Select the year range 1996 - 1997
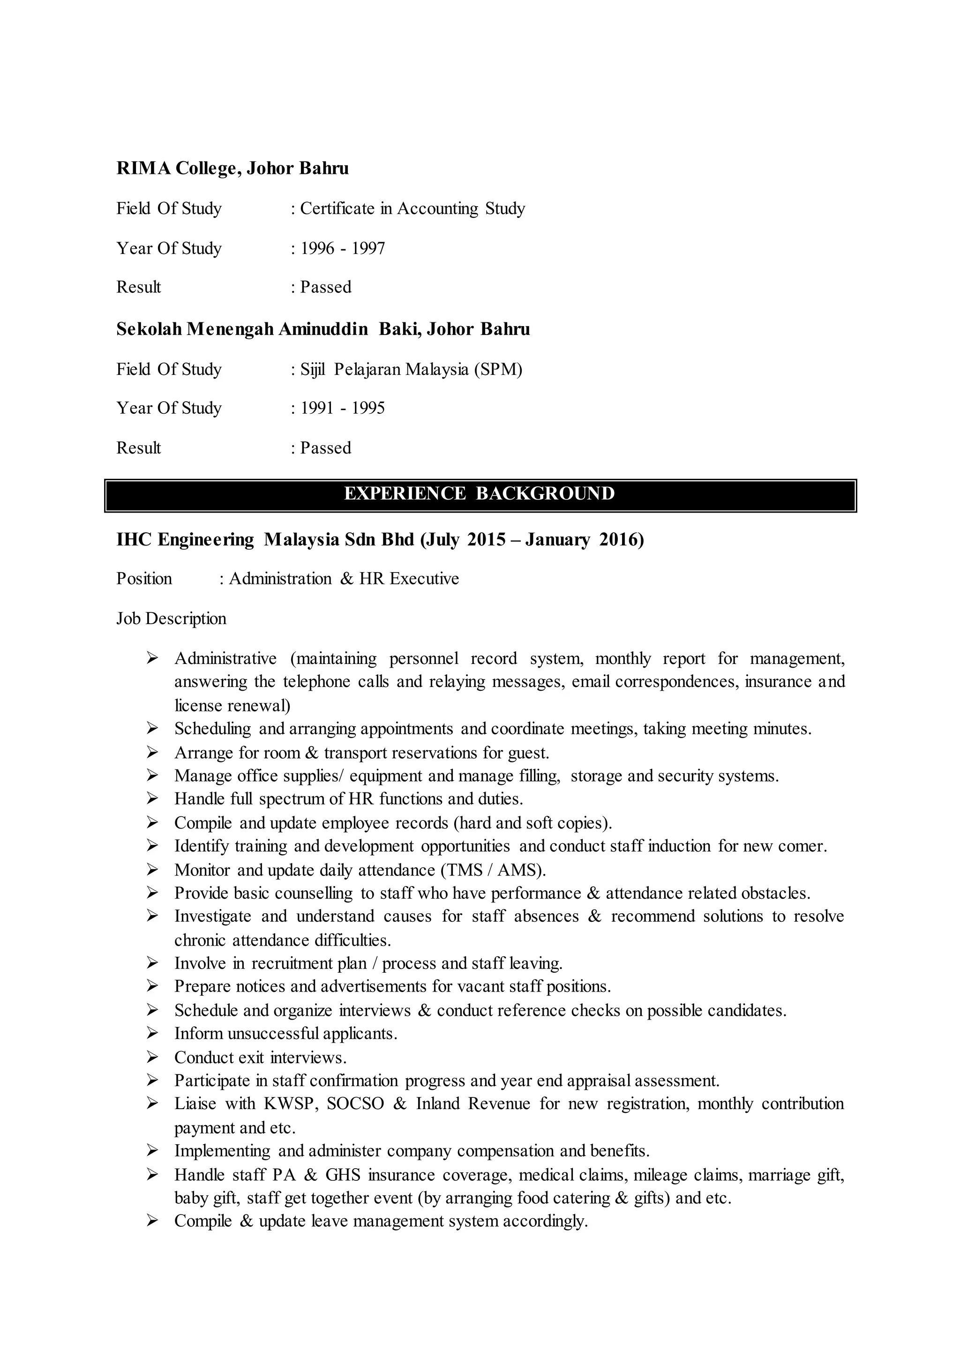click(342, 248)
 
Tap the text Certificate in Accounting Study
click(412, 209)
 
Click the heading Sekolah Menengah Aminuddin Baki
click(323, 329)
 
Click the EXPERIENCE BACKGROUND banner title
click(480, 493)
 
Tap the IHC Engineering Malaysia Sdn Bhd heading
click(380, 540)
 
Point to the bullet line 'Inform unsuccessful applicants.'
click(285, 1034)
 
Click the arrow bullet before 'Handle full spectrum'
click(152, 799)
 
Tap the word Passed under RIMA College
click(325, 287)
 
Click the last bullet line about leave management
click(381, 1222)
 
